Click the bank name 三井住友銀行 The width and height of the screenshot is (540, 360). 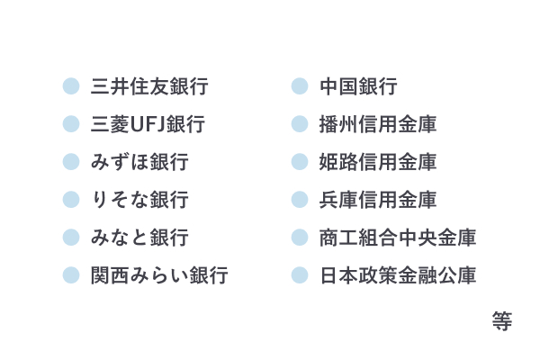coord(149,86)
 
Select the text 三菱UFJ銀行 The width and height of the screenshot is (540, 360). coord(148,124)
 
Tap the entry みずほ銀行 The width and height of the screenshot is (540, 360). coord(139,162)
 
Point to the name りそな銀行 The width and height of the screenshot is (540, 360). coord(139,200)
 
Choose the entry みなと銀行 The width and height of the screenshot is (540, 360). coord(139,238)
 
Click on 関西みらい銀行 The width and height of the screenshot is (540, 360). coord(159,275)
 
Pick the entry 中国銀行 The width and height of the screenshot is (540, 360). coord(358,86)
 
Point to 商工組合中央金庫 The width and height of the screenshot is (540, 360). coord(398,238)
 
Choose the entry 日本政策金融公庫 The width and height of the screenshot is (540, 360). coord(398,275)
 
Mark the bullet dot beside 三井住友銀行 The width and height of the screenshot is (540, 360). coord(71,86)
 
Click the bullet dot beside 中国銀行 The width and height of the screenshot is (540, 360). coord(300,86)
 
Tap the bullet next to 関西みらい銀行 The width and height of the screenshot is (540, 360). coord(71,275)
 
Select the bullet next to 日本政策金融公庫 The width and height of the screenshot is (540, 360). coord(300,275)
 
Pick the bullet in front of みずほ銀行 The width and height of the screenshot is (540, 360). coord(71,162)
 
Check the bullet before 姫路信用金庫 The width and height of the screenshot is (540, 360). coord(300,162)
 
